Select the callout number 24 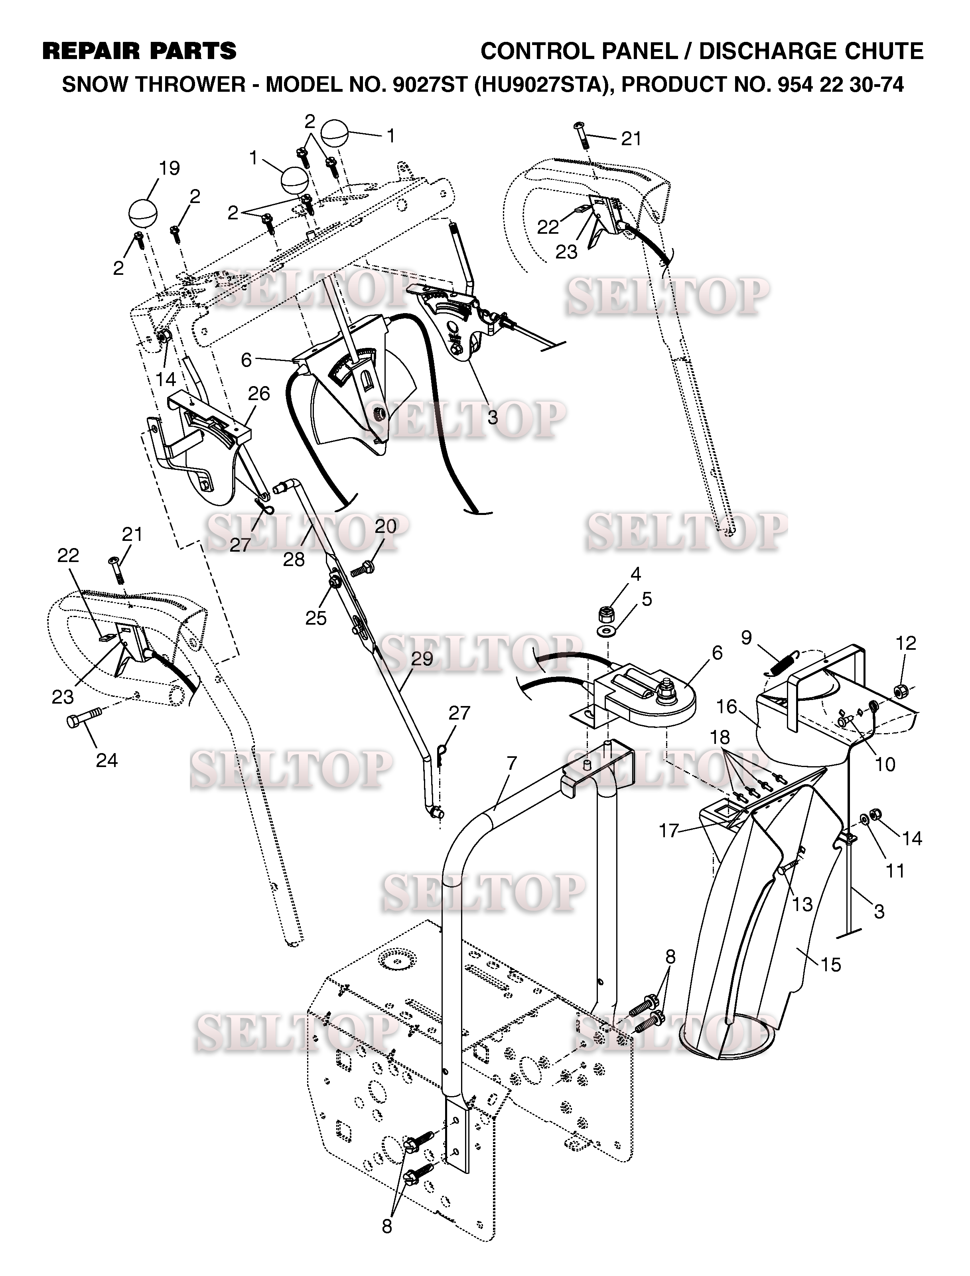pos(107,760)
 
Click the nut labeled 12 pos(899,690)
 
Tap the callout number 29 pos(422,659)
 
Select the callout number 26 pos(259,393)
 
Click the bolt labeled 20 pos(361,570)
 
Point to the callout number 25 pos(316,618)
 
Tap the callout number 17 pos(668,831)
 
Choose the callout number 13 pos(802,903)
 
